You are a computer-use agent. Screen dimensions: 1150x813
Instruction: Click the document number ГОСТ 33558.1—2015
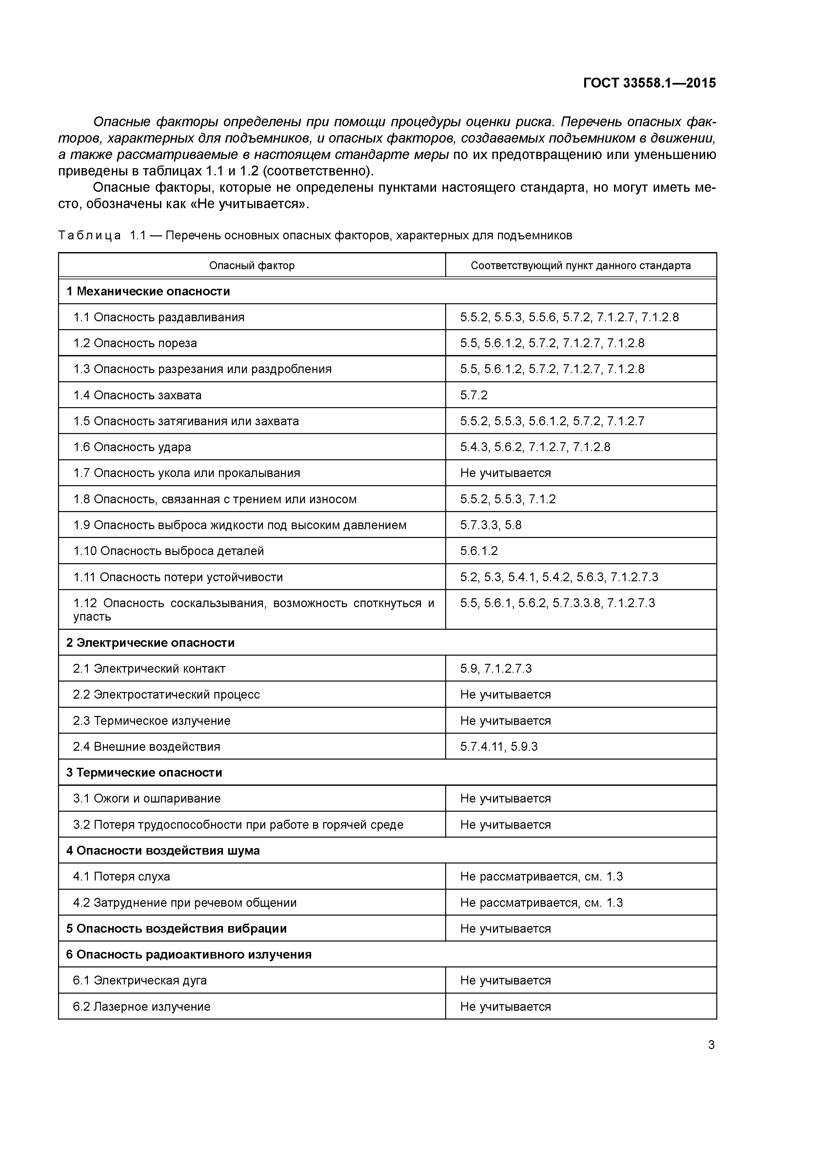[x=649, y=83]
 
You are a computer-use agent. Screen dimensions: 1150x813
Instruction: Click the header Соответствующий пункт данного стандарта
[x=581, y=266]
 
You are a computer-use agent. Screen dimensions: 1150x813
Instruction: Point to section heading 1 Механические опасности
[x=148, y=291]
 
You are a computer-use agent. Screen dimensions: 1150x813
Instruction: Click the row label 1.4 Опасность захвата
[x=137, y=395]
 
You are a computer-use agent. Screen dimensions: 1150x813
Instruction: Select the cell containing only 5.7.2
[x=474, y=395]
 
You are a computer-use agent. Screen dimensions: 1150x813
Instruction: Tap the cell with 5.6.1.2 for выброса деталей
[x=479, y=551]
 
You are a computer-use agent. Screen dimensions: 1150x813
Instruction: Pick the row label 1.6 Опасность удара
[x=132, y=447]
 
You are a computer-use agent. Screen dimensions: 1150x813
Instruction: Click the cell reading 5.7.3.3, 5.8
[x=491, y=525]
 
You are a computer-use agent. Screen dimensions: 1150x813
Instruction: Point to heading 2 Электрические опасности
[x=150, y=643]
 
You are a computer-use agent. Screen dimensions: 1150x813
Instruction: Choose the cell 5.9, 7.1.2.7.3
[x=496, y=669]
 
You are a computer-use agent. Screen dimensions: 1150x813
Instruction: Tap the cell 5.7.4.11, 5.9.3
[x=499, y=746]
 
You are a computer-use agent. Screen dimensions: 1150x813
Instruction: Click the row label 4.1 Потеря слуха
[x=122, y=877]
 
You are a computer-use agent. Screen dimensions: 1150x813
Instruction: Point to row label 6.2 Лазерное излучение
[x=142, y=1007]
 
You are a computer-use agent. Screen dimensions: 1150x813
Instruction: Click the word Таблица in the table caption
[x=89, y=235]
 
